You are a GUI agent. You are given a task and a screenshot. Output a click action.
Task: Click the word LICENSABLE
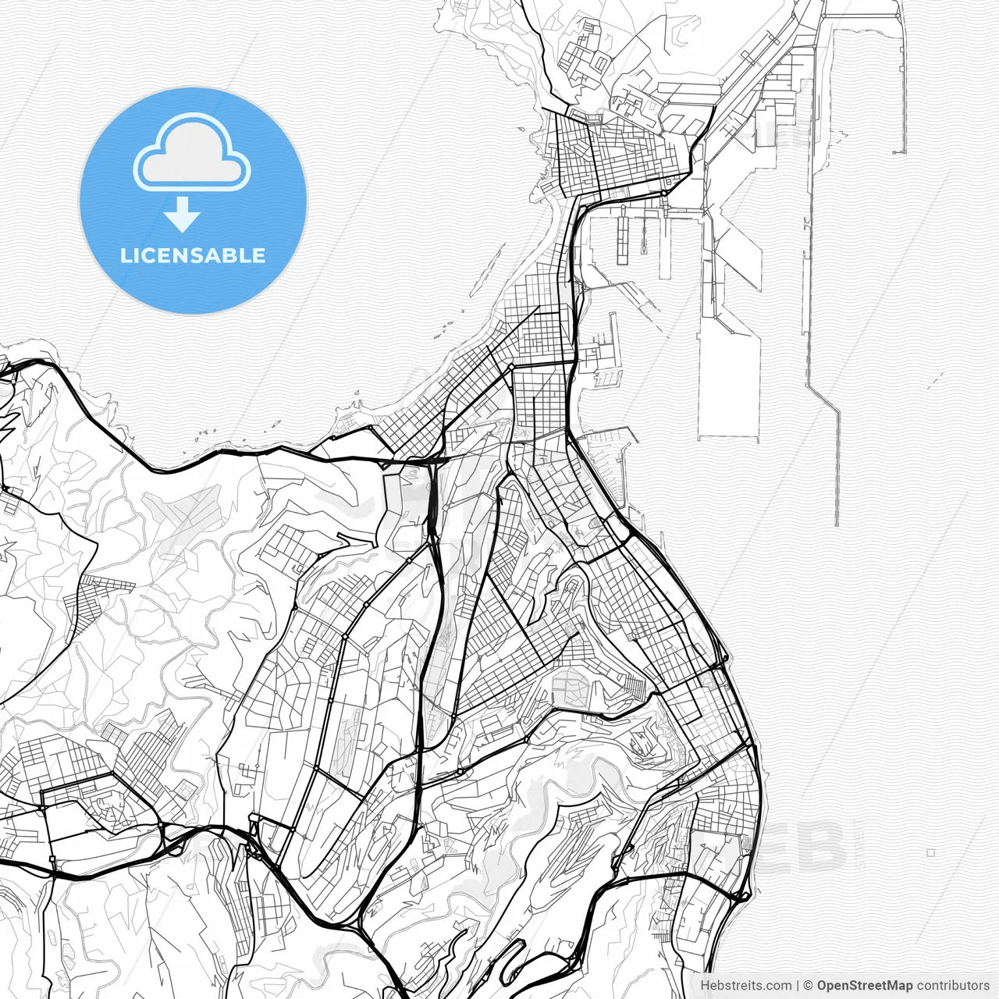pos(193,256)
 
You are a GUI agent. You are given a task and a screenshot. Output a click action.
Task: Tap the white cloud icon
pos(192,154)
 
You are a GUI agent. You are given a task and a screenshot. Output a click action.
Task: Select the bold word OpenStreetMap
pos(865,986)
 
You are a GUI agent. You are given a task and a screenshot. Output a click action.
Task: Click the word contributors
pos(953,986)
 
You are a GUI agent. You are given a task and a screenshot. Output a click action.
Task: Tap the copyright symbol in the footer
pos(809,986)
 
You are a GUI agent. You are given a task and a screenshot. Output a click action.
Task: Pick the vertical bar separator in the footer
pos(798,986)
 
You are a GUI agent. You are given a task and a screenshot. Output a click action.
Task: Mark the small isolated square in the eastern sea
pos(931,853)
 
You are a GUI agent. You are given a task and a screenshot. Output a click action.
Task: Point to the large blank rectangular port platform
pos(728,390)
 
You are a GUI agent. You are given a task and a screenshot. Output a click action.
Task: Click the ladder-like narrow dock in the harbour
pos(622,238)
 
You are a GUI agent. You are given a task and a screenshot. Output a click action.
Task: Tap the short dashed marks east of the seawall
pos(935,380)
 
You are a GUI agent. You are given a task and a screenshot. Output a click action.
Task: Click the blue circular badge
pos(193,201)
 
